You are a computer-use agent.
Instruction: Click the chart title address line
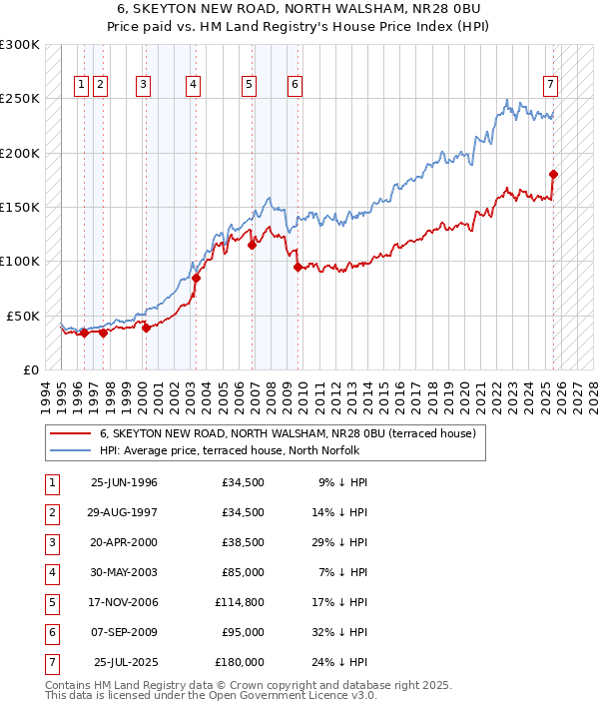coord(299,9)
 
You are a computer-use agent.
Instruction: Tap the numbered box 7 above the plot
coord(550,85)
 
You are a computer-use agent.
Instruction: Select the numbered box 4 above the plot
coord(191,85)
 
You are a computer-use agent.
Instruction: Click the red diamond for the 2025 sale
coord(553,174)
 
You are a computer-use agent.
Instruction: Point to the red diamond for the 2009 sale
coord(298,267)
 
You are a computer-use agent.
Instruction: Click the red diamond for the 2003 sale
coord(196,278)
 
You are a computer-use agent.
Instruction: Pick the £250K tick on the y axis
coord(20,99)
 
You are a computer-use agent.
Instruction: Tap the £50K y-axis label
coord(23,316)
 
